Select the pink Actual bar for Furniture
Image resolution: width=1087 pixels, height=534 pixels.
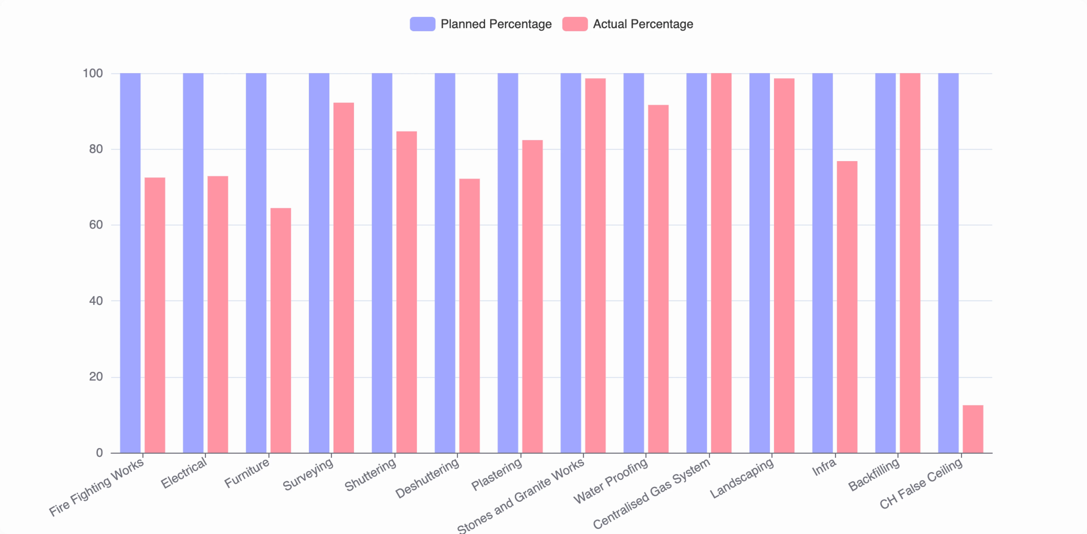tap(281, 330)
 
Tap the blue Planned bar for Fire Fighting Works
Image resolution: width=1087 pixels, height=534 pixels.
tap(130, 263)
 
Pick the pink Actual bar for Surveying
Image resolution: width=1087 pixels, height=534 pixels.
tap(344, 278)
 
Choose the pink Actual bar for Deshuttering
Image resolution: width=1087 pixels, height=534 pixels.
tap(469, 316)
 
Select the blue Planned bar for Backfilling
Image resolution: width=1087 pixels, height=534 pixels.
tap(885, 263)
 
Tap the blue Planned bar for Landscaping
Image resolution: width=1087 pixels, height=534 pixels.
tap(760, 263)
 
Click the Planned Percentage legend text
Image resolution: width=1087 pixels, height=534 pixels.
tap(496, 24)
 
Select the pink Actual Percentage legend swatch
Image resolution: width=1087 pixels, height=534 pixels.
tap(575, 24)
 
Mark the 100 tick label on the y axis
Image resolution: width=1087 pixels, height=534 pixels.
tap(93, 73)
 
